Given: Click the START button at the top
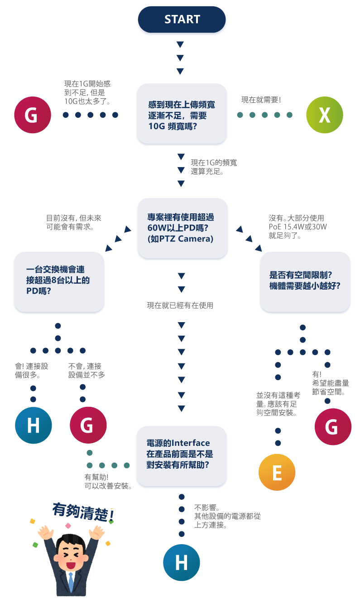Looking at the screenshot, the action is coord(182,19).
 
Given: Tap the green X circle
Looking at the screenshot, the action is coord(325,115).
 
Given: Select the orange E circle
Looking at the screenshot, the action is coord(277,472).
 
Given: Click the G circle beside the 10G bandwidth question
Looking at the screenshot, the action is coord(33,115).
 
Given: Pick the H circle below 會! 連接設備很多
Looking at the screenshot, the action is coord(34,425).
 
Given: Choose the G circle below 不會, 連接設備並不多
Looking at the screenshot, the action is coord(88,425).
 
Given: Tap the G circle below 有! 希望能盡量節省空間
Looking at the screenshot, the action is coord(333,426).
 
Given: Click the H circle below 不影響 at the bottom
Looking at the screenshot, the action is coord(182,562).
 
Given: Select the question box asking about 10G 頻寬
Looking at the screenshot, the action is coord(182,114).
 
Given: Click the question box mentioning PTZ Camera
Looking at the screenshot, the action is coord(182,228).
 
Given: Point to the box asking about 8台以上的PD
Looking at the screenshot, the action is coord(59,282).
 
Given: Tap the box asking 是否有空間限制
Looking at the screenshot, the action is coord(305,282).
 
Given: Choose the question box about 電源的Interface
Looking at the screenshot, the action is coord(182,456).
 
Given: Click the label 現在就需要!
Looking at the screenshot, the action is coord(261,100).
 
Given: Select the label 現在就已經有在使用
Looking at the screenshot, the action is coord(180,305).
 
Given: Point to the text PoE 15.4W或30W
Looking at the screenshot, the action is coord(298,227).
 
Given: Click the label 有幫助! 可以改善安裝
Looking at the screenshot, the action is coord(108,481).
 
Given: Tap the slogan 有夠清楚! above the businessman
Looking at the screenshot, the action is coord(83,512).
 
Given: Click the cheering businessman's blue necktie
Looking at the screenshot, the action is coord(71,579).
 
